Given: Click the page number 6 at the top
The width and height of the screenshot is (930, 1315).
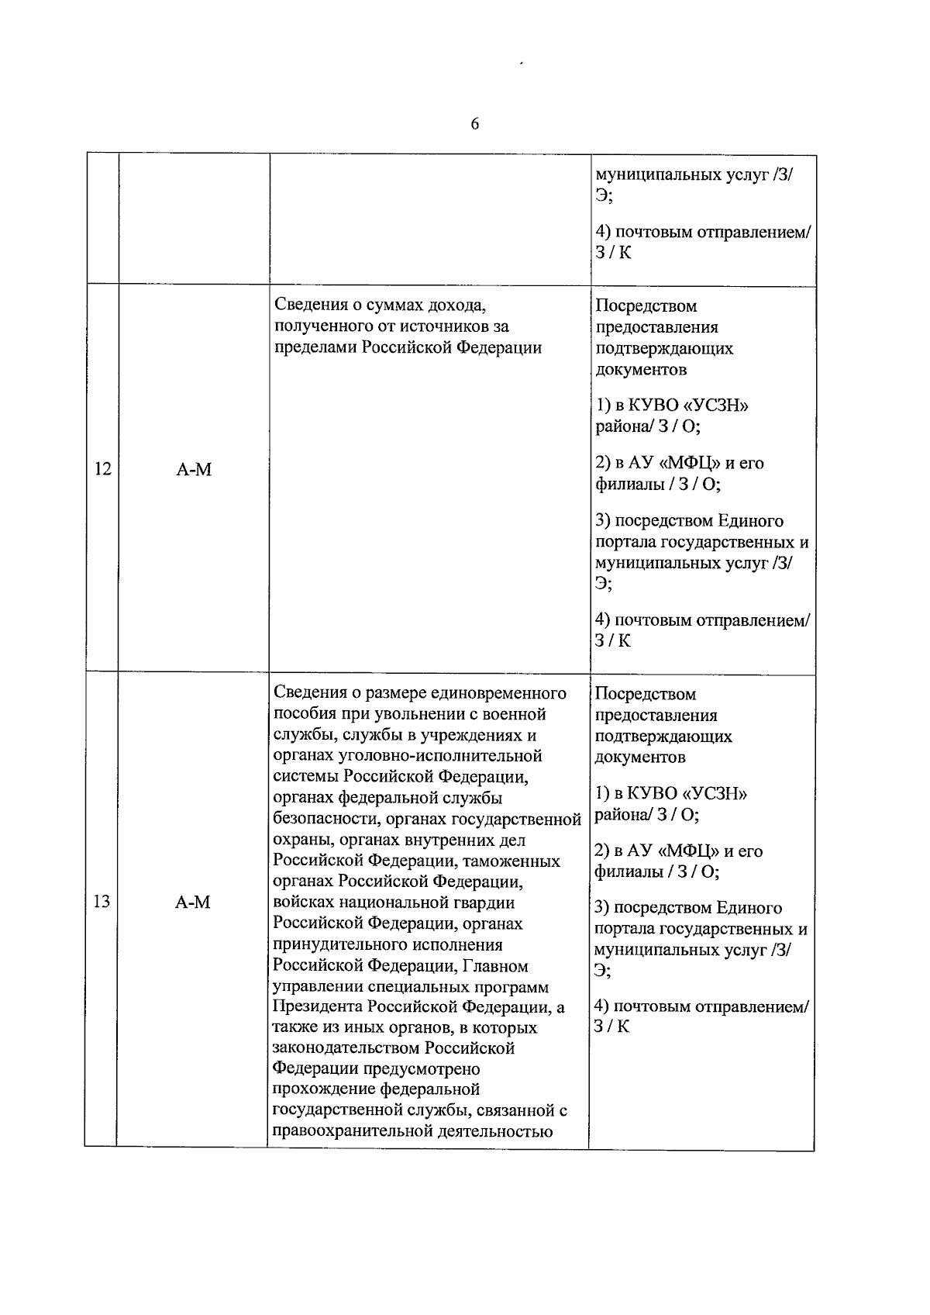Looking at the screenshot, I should tap(474, 124).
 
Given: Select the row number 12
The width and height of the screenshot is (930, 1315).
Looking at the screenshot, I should tap(102, 469).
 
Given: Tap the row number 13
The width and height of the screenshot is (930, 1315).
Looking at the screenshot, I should tap(102, 902).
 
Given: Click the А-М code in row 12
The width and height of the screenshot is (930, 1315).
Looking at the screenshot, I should tap(194, 469).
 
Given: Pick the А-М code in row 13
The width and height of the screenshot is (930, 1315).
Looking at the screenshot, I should tap(193, 902).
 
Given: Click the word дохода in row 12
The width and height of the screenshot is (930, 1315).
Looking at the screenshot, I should tap(454, 305).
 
